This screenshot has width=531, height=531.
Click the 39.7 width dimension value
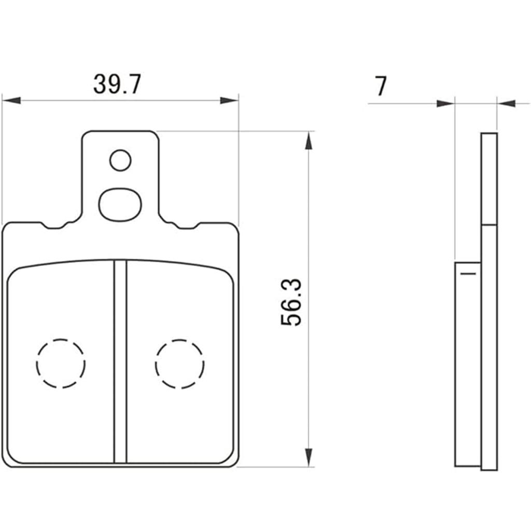pyautogui.click(x=117, y=85)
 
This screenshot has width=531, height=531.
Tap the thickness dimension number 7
pyautogui.click(x=381, y=86)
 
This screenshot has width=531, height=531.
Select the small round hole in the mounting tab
pyautogui.click(x=120, y=161)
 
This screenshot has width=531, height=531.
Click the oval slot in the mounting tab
pyautogui.click(x=120, y=203)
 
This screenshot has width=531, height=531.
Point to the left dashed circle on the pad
pyautogui.click(x=61, y=364)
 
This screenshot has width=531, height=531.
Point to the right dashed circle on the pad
pyautogui.click(x=179, y=364)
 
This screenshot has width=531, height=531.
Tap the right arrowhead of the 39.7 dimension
pyautogui.click(x=229, y=100)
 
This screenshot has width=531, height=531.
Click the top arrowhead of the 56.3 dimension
pyautogui.click(x=309, y=140)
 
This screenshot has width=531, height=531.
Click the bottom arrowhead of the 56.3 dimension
pyautogui.click(x=309, y=457)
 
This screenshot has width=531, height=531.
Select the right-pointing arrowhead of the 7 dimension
pyautogui.click(x=445, y=104)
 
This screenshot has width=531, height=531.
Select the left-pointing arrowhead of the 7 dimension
pyautogui.click(x=507, y=104)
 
